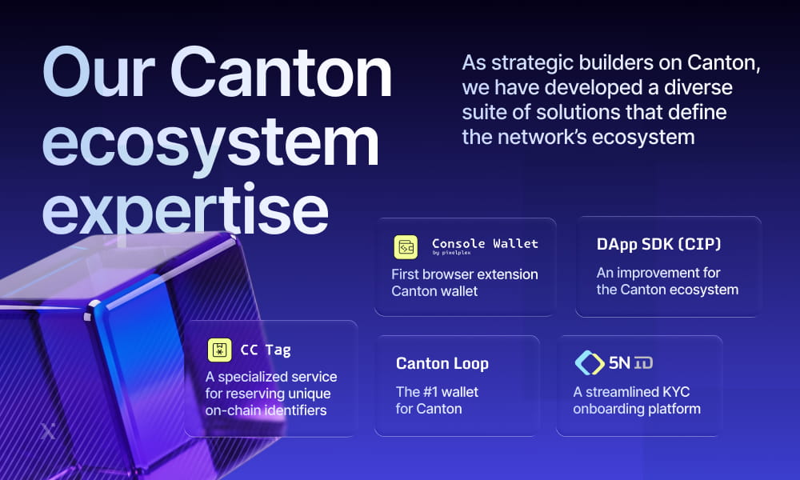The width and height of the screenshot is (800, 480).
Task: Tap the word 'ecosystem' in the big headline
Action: [x=210, y=142]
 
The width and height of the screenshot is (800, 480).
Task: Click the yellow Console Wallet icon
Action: [x=406, y=247]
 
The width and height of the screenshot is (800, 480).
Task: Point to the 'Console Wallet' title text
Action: [x=485, y=243]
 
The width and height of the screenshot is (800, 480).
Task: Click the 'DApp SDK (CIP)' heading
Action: [x=659, y=245]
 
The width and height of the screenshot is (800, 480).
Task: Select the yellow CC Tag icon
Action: [x=219, y=350]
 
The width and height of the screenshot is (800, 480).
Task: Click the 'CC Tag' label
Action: [x=266, y=350]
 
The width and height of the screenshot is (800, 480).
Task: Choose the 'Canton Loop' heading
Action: [x=442, y=363]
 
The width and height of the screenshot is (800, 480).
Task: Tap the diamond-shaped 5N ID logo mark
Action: [x=590, y=362]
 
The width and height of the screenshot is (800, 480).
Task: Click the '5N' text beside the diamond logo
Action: [x=619, y=362]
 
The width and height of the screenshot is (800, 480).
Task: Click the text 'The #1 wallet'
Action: [x=437, y=392]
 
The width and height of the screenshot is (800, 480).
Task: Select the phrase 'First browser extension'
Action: [x=464, y=274]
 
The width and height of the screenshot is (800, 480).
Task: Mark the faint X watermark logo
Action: [x=47, y=432]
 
